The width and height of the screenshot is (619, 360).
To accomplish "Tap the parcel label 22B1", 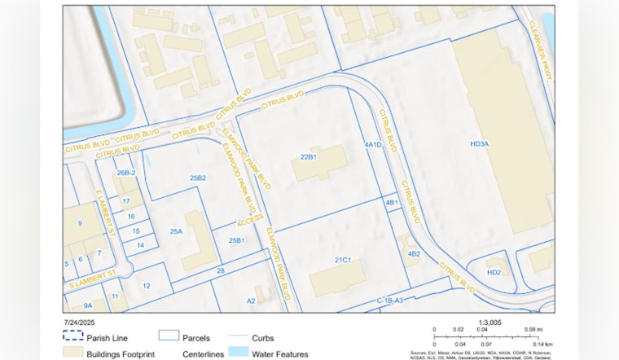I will (308, 156).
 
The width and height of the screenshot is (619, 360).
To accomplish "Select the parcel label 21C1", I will (342, 261).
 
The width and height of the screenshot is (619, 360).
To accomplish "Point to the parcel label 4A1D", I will (373, 145).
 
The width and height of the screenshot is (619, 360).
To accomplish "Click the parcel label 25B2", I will (197, 178).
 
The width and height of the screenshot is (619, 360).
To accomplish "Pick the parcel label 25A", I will (176, 232).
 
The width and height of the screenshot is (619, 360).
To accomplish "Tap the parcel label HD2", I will (494, 272).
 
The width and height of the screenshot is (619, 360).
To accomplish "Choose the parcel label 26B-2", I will (125, 173).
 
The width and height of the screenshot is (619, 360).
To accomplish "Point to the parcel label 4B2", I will (413, 254).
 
